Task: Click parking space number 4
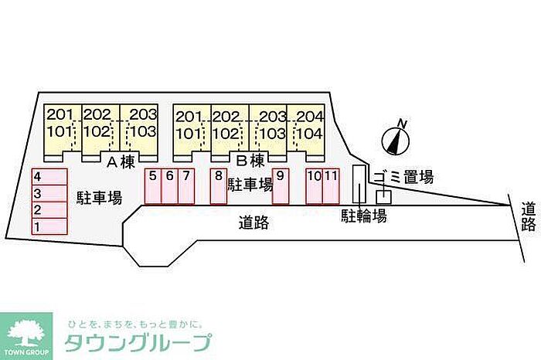(49, 177)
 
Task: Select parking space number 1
(49, 226)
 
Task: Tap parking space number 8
(219, 186)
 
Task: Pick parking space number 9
(281, 186)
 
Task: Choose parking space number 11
(332, 186)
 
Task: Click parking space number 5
(153, 186)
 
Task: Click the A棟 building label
(121, 162)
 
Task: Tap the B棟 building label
(250, 161)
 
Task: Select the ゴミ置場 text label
(403, 177)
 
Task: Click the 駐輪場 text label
(364, 216)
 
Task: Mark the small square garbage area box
(383, 197)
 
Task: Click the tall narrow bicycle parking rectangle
(359, 183)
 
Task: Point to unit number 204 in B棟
(309, 117)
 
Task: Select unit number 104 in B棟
(309, 134)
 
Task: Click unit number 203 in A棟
(143, 114)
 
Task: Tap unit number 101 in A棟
(60, 131)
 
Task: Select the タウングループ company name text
(138, 342)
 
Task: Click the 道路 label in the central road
(253, 223)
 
